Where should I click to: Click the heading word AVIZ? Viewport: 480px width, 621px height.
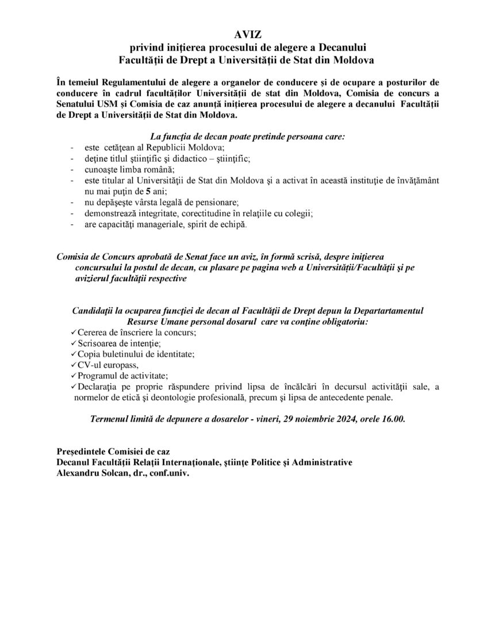(240, 36)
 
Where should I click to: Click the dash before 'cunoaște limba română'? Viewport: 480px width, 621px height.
(71, 169)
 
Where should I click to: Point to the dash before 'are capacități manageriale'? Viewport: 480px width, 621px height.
(71, 224)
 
